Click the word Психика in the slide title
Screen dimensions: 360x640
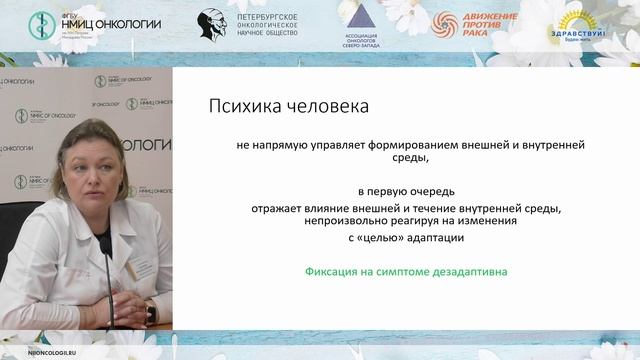(239, 105)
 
